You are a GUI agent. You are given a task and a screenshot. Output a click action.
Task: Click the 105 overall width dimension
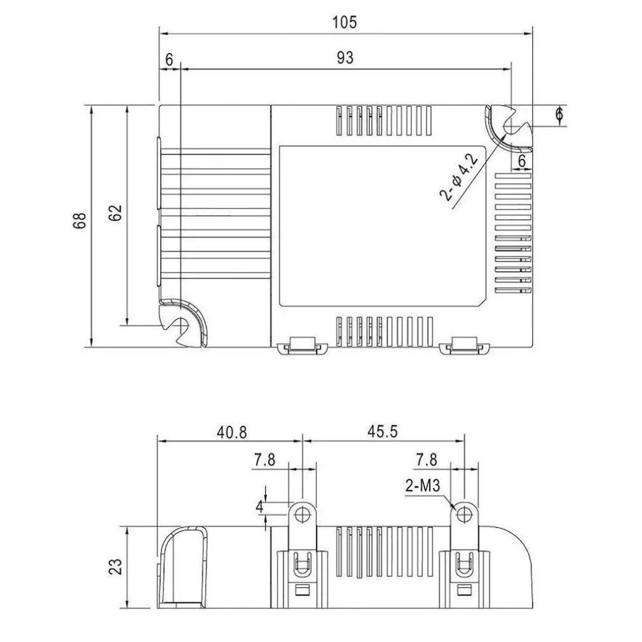[x=345, y=22]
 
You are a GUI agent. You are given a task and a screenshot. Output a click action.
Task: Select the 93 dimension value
[x=345, y=58]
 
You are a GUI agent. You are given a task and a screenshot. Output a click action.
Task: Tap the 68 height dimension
[x=80, y=221]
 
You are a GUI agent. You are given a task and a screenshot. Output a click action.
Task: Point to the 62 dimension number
[x=116, y=212]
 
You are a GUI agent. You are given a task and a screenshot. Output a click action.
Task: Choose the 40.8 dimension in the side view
[x=232, y=432]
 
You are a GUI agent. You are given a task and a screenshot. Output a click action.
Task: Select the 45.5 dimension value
[x=383, y=431]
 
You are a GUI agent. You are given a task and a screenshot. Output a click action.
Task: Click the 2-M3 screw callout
[x=423, y=486]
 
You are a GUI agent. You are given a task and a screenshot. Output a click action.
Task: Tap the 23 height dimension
[x=116, y=566]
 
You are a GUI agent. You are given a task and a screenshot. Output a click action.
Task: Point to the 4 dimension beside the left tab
[x=259, y=507]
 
